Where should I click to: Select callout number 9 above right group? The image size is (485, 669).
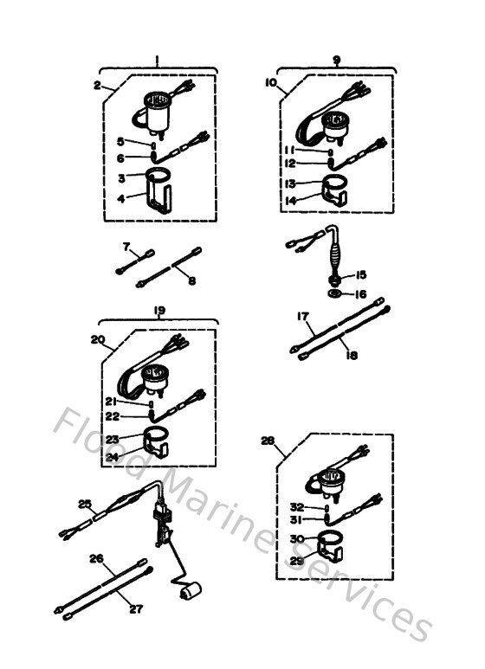point(335,60)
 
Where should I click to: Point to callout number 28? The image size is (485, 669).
point(268,441)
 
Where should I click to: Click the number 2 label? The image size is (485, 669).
point(98,85)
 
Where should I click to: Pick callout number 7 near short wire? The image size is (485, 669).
point(126,248)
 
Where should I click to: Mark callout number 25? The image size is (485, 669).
point(85,503)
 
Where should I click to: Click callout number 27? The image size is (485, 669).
point(135,608)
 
